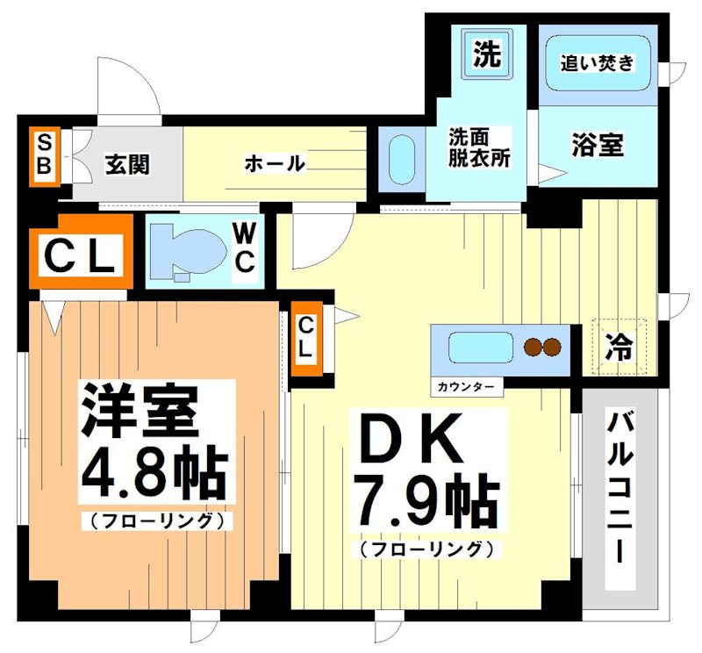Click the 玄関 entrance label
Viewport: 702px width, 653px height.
coord(126,163)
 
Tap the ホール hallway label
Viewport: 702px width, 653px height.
coord(274,163)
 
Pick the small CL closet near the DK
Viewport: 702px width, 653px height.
coord(305,337)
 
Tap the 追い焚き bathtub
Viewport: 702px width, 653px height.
coord(597,63)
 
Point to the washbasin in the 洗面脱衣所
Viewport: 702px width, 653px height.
coord(400,158)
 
